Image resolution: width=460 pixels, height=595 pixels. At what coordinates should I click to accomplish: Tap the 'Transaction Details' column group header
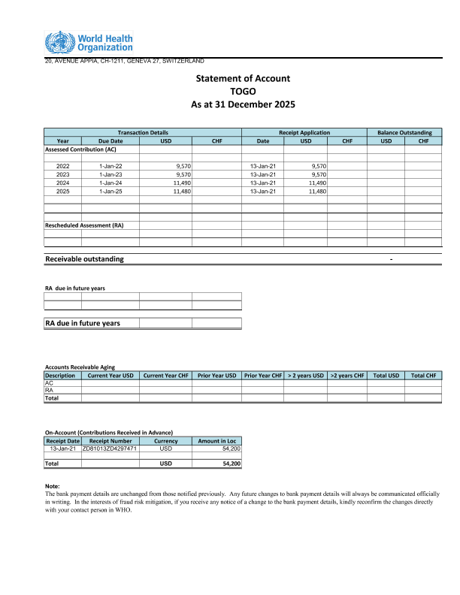click(143, 132)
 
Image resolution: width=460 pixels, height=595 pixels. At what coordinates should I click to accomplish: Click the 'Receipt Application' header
click(304, 132)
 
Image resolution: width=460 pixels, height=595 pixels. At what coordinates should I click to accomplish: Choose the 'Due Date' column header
click(110, 140)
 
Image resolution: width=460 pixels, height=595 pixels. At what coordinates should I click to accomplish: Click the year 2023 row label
click(63, 174)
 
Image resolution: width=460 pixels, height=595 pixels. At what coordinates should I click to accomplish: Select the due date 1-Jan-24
click(110, 183)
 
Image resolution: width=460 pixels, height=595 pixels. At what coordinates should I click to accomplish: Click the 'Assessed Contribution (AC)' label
click(80, 150)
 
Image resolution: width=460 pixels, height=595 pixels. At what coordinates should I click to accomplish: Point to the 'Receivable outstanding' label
click(85, 259)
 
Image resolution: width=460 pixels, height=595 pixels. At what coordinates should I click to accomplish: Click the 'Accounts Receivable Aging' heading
click(80, 367)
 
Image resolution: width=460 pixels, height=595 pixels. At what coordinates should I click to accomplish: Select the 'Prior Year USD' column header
click(217, 375)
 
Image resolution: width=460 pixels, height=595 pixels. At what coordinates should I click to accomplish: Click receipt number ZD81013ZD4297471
click(110, 449)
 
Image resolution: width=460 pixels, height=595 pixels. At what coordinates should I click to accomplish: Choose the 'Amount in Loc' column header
click(217, 441)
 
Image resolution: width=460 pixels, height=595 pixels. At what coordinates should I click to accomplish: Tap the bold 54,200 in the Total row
click(232, 464)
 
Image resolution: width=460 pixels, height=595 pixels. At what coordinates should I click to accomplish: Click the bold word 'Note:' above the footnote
click(53, 486)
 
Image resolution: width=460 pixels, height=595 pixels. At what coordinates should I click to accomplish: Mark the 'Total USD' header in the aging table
click(386, 375)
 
